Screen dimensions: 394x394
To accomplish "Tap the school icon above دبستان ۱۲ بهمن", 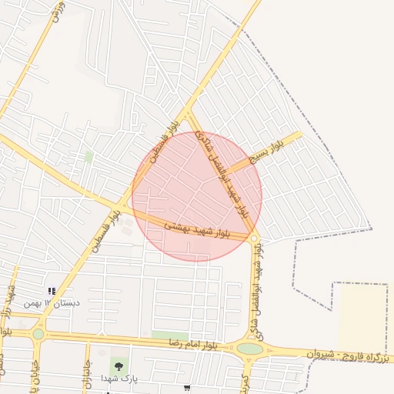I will pos(52,291).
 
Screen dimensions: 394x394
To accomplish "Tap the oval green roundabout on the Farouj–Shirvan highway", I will pos(250,349).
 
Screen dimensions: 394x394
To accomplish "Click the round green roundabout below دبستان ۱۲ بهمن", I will pos(38,334).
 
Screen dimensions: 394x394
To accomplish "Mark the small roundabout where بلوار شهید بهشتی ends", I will pos(253,239).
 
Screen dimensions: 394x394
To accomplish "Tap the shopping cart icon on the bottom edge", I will pos(188,389).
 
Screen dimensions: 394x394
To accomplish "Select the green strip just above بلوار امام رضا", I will pos(170,336).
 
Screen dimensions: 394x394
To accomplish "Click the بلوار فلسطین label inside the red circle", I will pos(158,148).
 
